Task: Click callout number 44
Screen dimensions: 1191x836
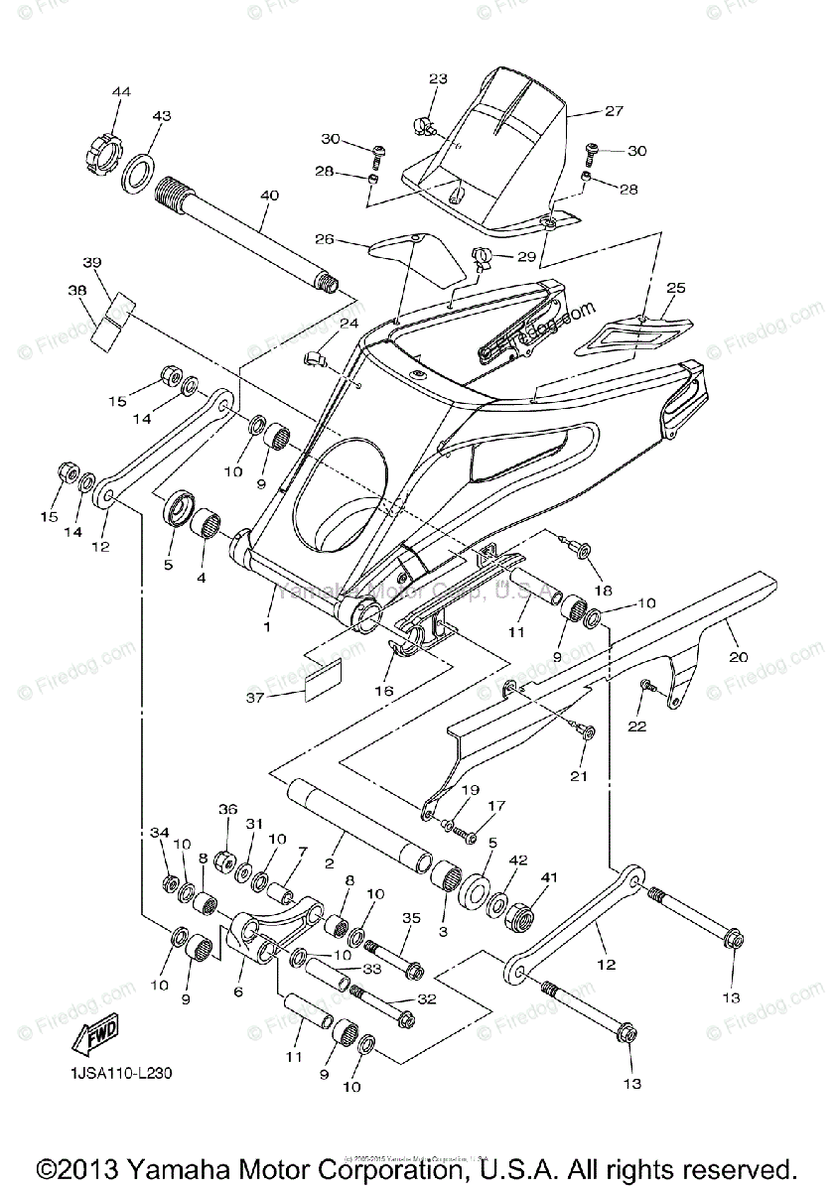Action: point(121,92)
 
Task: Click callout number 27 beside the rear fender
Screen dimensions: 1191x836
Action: point(613,111)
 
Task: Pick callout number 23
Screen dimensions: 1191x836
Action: point(438,78)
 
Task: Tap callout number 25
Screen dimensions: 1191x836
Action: point(675,288)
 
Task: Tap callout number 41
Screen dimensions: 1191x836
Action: point(548,877)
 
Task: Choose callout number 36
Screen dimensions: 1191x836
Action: point(228,809)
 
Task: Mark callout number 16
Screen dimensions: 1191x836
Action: point(383,690)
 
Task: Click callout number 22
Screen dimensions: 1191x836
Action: point(636,726)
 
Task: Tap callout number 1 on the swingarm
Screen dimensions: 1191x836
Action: point(265,627)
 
